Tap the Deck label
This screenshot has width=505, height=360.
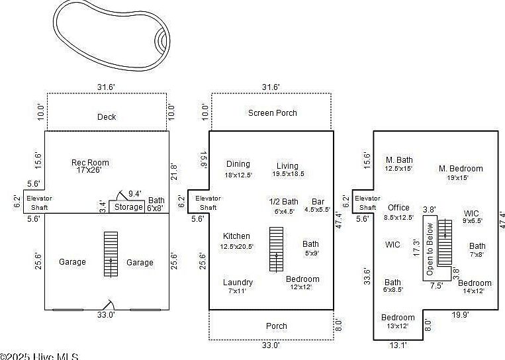tap(107, 117)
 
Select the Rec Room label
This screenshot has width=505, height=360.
tap(91, 163)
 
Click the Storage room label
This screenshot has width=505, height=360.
tap(128, 207)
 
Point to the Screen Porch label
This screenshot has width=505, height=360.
tap(273, 113)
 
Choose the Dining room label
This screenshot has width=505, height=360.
tap(238, 165)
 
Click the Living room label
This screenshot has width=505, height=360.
tap(288, 166)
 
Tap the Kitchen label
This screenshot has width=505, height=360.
tap(236, 236)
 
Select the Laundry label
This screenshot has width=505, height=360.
tap(238, 283)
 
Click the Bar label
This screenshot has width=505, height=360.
tap(318, 202)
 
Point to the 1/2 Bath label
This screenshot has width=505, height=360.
tap(284, 202)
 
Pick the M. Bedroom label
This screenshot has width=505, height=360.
tap(461, 169)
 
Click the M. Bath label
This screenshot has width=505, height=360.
tap(399, 159)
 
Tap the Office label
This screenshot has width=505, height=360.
tap(398, 208)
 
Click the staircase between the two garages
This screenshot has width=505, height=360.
tap(111, 254)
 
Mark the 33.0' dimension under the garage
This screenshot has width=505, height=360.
tap(107, 315)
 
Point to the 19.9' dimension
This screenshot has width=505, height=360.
tap(459, 315)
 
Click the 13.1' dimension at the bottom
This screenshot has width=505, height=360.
tap(397, 345)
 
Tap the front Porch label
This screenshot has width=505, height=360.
tap(277, 326)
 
